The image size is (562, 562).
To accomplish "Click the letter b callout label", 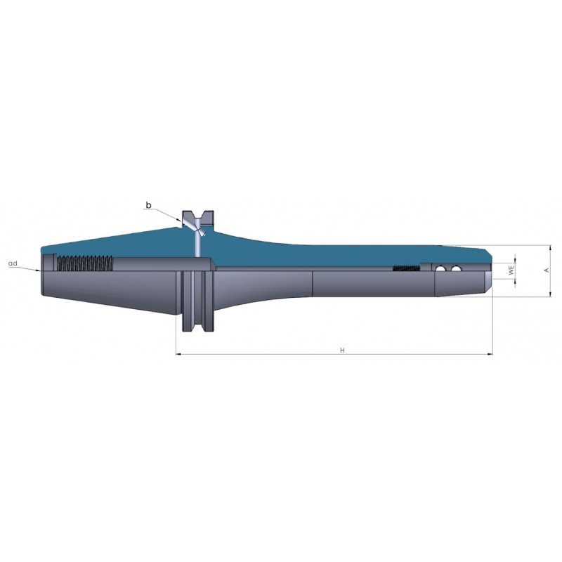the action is click(148, 205).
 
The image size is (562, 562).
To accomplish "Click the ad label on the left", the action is click(13, 263).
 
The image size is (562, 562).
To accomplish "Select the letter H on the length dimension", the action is click(342, 350).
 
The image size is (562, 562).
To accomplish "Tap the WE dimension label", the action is click(511, 270).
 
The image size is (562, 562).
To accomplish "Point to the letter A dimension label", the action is click(547, 270).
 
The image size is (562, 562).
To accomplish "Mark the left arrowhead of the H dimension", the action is click(179, 355).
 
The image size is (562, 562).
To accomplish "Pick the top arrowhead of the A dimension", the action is click(550, 248).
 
